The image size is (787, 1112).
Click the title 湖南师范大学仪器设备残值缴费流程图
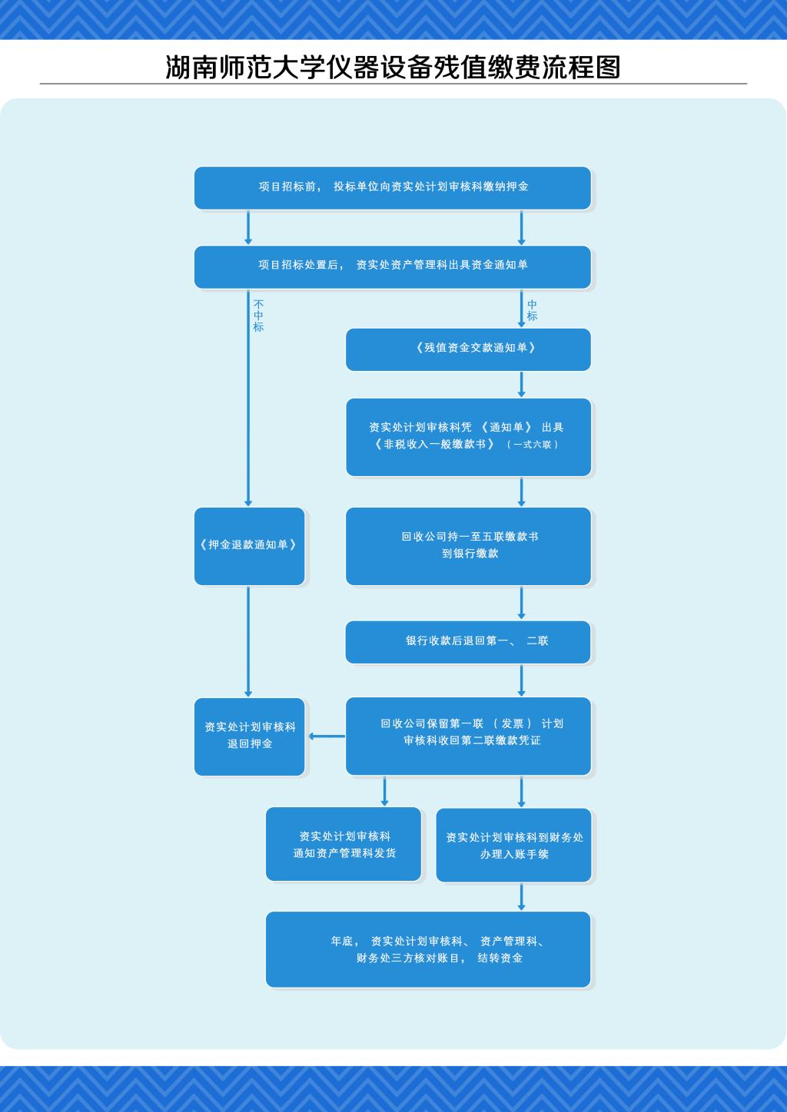tap(393, 68)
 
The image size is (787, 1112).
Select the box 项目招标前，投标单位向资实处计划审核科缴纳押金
tap(393, 187)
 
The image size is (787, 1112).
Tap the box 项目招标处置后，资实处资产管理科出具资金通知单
tap(393, 266)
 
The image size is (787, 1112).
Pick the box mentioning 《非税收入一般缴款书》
tap(468, 436)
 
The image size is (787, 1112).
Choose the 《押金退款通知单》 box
tap(249, 546)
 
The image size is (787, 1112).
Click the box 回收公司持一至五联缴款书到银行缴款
tap(468, 546)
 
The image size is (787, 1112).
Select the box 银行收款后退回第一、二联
tap(468, 641)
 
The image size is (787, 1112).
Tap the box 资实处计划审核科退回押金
tap(249, 736)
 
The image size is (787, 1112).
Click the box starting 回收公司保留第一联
tap(468, 735)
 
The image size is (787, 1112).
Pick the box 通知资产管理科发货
tap(344, 844)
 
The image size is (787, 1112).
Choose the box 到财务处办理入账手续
tap(513, 845)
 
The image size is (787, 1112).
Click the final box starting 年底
tap(428, 949)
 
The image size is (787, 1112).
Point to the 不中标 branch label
tap(258, 316)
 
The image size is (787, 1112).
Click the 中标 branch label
tap(532, 310)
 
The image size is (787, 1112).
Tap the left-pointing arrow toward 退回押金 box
tap(326, 736)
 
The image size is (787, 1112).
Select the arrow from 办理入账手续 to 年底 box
tap(522, 896)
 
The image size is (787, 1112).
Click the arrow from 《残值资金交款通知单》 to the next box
tap(522, 384)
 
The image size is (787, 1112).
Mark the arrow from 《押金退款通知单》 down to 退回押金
tap(248, 641)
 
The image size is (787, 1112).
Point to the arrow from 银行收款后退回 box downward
tap(522, 680)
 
